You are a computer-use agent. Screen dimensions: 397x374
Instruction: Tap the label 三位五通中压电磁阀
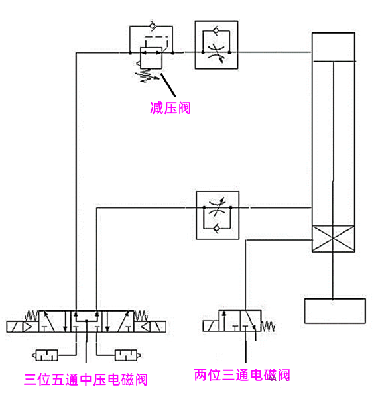[x=85, y=380]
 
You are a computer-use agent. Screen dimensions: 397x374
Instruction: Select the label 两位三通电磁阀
[x=242, y=375]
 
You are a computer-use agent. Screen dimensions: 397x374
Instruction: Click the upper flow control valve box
[x=214, y=45]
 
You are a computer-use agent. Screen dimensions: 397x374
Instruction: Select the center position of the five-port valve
[x=87, y=323]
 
